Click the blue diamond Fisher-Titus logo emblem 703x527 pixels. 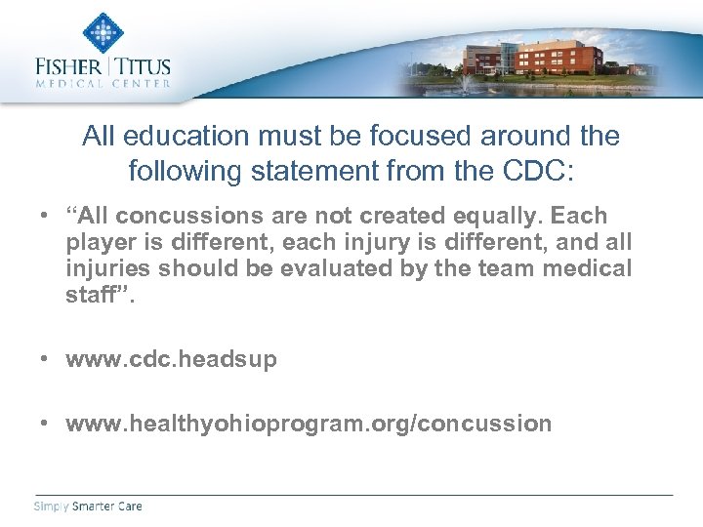[102, 32]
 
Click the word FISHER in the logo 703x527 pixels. [69, 68]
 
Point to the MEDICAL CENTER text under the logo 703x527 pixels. [102, 85]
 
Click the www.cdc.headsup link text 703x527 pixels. [171, 359]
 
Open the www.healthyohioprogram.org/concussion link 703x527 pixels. [309, 424]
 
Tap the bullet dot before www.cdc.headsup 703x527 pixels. [45, 359]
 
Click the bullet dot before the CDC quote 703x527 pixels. [45, 216]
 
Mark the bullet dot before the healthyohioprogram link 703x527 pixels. [45, 424]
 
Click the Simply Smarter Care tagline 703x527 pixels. [88, 506]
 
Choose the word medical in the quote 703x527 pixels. [585, 267]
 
